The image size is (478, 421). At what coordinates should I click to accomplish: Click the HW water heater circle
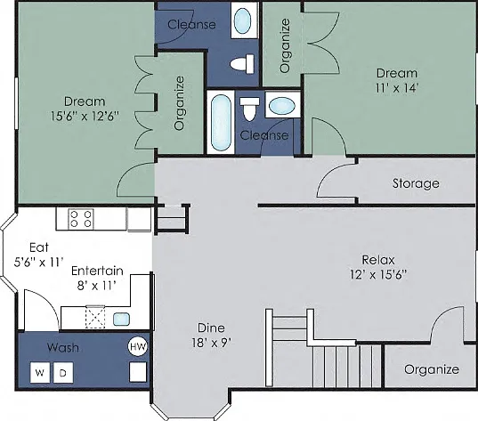coord(138,346)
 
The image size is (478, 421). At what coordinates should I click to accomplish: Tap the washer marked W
coord(40,372)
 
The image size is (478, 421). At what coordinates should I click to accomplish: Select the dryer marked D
coord(63,372)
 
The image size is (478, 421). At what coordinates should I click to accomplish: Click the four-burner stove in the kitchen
coord(80,219)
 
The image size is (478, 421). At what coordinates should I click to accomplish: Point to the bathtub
coord(221,122)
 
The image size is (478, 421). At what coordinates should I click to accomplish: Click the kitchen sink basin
coord(121,320)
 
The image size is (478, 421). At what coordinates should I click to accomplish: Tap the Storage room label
coord(416,183)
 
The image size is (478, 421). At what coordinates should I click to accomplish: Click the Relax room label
coord(378,260)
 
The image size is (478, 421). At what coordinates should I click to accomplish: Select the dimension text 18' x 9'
coord(211,343)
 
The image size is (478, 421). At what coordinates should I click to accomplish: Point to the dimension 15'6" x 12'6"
coord(85,116)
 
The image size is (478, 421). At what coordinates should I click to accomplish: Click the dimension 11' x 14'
coord(396,88)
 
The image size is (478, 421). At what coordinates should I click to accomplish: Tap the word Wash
coord(63,347)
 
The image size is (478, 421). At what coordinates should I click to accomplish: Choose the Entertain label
coord(97,271)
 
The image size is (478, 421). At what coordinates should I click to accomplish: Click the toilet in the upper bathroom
coord(242,64)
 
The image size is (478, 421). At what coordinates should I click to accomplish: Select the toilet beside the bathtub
coord(249,109)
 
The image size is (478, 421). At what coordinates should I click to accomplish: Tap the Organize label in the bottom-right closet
coord(432,369)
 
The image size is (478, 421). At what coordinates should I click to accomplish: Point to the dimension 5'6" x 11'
coord(38,262)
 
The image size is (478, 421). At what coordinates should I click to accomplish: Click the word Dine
coord(211,328)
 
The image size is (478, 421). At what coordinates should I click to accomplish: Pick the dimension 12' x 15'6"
coord(378,275)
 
